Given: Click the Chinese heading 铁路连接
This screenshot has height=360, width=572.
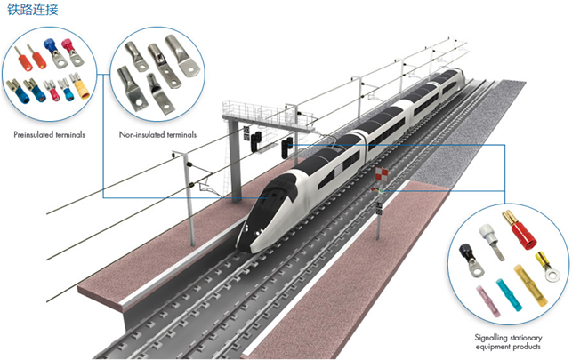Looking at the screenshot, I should pos(28,11).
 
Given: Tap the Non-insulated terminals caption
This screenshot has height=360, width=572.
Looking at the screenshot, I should pos(157,135).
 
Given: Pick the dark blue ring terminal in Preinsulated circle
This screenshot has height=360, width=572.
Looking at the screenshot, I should pos(52,51).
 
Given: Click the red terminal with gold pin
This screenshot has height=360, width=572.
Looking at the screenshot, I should pos(520,234).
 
